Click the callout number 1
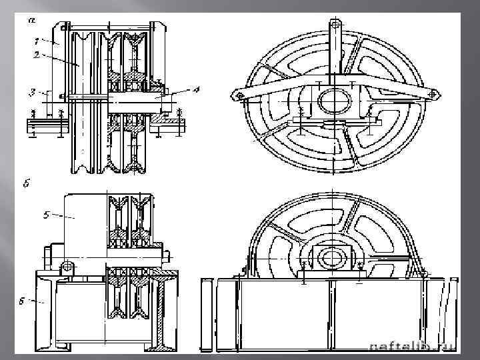[x=37, y=41]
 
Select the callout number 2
[x=37, y=56]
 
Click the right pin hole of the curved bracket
[x=436, y=97]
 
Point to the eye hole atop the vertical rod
[x=335, y=25]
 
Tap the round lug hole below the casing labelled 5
[x=67, y=267]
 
